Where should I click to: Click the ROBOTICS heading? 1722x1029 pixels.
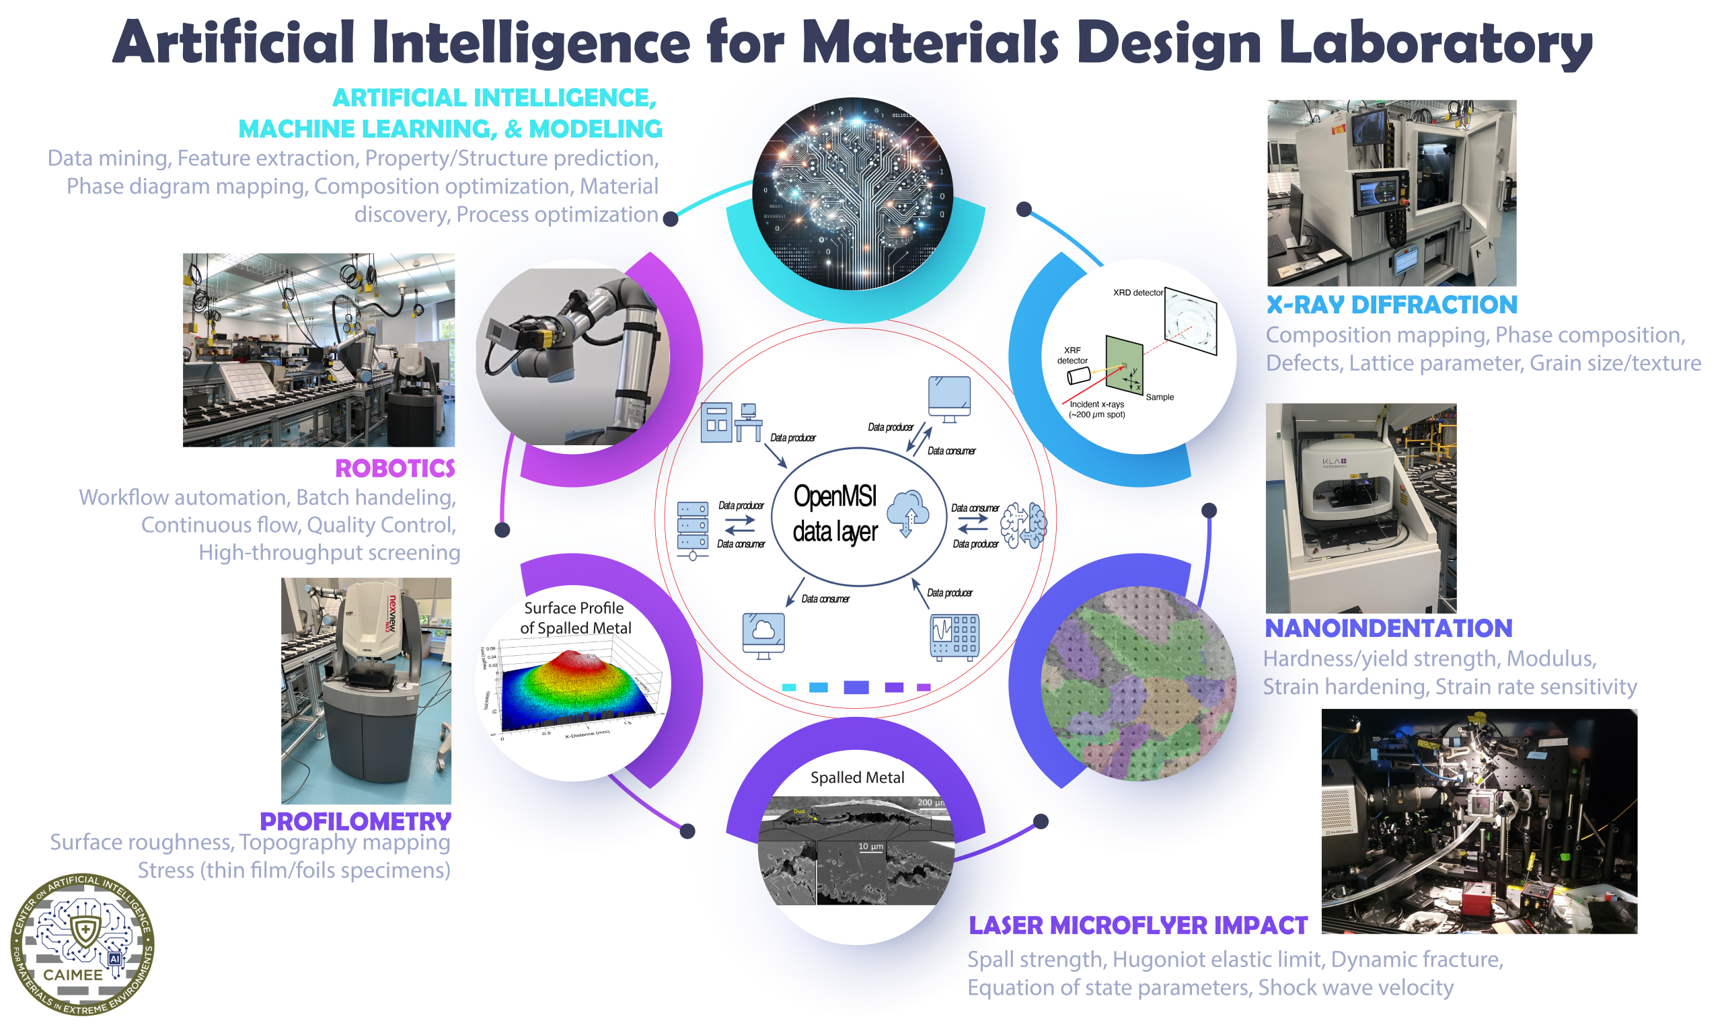pyautogui.click(x=395, y=469)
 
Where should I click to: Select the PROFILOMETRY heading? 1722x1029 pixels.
pyautogui.click(x=355, y=822)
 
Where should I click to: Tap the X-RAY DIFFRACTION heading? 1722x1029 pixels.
pyautogui.click(x=1391, y=305)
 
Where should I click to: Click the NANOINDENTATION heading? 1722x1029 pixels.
pyautogui.click(x=1388, y=628)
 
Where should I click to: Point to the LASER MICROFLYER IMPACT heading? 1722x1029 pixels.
pyautogui.click(x=1137, y=925)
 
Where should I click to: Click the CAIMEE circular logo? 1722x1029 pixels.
pyautogui.click(x=83, y=944)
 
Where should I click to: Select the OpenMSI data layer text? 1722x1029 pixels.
pyautogui.click(x=835, y=514)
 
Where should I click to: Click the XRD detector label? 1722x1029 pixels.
pyautogui.click(x=1137, y=293)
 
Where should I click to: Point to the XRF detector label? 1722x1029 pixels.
pyautogui.click(x=1072, y=355)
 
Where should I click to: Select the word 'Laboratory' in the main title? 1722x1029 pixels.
pyautogui.click(x=1435, y=43)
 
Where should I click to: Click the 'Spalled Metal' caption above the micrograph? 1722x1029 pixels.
pyautogui.click(x=857, y=777)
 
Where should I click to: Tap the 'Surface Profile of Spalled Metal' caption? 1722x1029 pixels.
pyautogui.click(x=575, y=618)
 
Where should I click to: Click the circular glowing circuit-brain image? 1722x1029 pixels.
pyautogui.click(x=852, y=194)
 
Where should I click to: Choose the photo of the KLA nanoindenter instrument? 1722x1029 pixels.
pyautogui.click(x=1361, y=508)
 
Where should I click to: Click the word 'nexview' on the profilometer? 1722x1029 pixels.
pyautogui.click(x=393, y=613)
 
